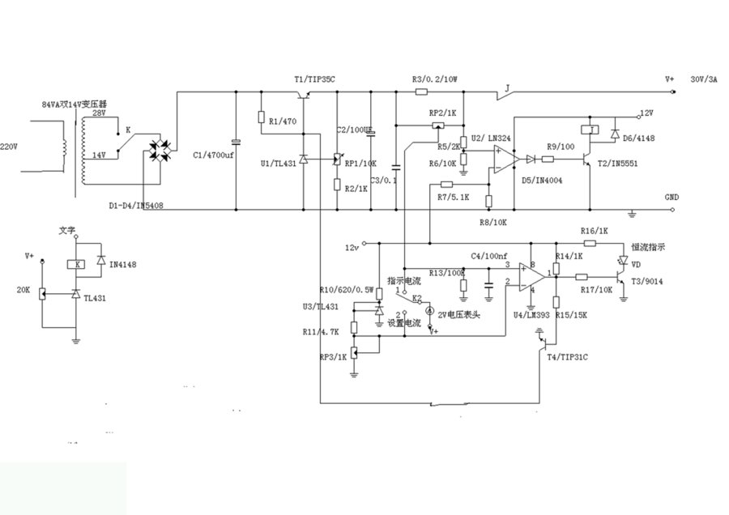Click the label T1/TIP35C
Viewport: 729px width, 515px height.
pos(314,79)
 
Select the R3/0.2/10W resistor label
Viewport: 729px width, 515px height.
pos(435,79)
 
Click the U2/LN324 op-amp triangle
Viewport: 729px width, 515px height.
pos(503,160)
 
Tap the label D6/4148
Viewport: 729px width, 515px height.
pos(638,138)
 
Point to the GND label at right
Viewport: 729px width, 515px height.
pos(671,197)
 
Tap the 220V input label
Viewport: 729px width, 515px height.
pos(8,147)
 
